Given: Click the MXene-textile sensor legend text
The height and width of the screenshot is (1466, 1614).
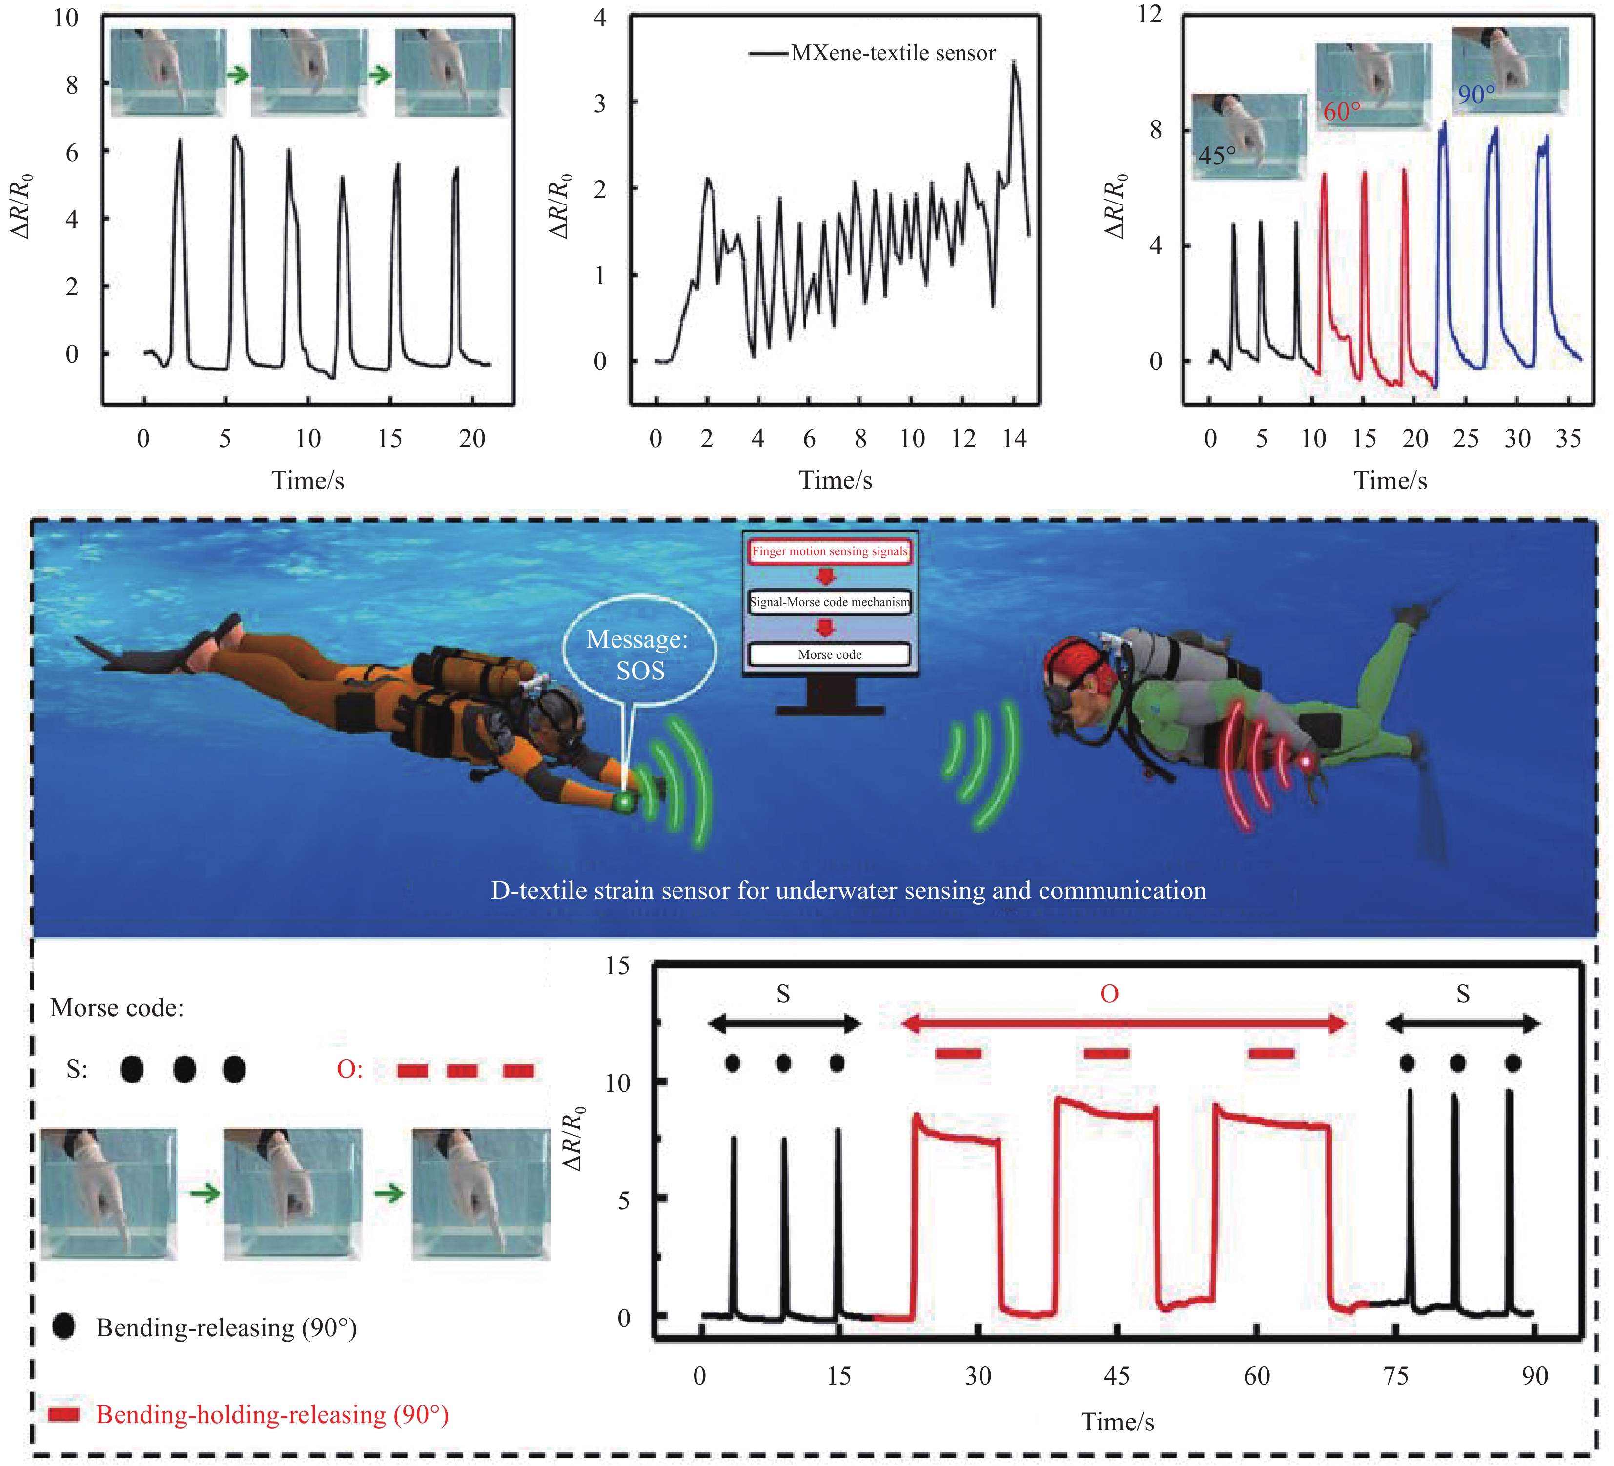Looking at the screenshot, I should tap(893, 53).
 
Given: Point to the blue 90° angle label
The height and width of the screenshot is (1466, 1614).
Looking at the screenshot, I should tap(1475, 95).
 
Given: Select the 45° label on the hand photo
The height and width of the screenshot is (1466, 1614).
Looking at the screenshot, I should tap(1216, 155).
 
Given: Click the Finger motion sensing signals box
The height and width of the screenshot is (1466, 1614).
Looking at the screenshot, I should tap(829, 551).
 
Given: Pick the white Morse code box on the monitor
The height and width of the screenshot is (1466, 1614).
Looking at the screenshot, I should tap(829, 654).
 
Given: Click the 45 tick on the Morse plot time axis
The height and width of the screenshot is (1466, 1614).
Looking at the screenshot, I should tap(1117, 1376).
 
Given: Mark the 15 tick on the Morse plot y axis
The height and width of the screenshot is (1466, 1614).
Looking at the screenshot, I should tap(617, 966).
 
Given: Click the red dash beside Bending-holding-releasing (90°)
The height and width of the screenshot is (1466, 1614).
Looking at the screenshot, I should tap(64, 1415).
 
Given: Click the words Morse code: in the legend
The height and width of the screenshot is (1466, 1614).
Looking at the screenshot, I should tap(117, 1007).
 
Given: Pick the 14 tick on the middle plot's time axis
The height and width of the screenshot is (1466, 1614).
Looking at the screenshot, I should tap(1014, 439).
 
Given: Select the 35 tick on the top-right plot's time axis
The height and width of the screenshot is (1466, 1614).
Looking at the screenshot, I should tap(1568, 439).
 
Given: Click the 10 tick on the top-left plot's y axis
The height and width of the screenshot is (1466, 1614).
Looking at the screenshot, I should tap(66, 18).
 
